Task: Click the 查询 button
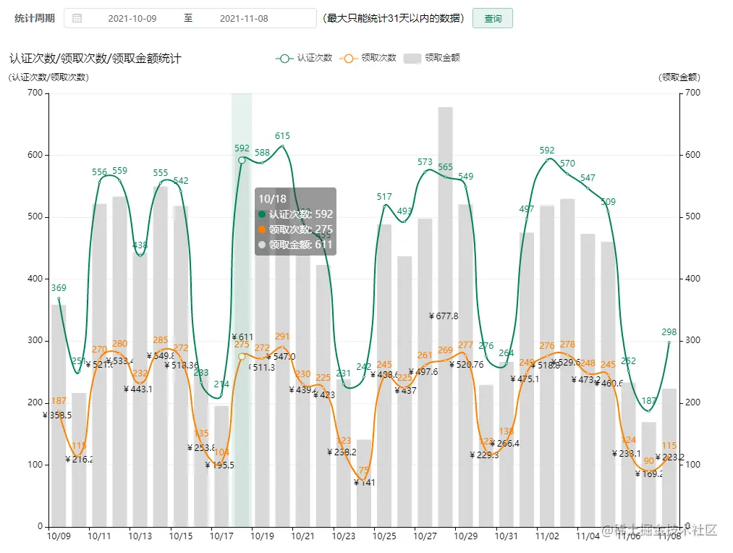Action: (492, 19)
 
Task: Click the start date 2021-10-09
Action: (132, 19)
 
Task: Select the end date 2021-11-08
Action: (244, 19)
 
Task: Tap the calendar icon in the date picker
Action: (77, 19)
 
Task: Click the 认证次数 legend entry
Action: (305, 58)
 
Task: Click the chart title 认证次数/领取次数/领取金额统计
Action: (95, 58)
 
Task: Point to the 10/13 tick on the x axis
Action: (140, 536)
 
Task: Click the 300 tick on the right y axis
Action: (692, 341)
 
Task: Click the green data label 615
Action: (282, 136)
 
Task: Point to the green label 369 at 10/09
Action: (59, 288)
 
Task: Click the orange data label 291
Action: (282, 337)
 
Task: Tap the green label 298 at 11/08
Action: (669, 332)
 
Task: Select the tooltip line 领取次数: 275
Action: (296, 229)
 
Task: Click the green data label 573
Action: (425, 162)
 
